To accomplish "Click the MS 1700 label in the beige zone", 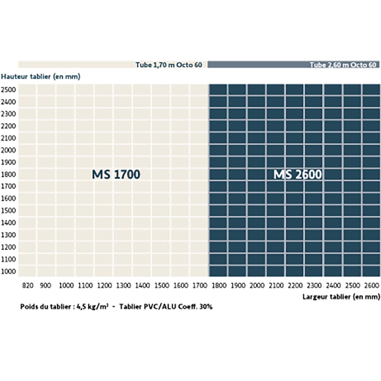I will [116, 174].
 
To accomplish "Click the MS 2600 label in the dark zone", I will [298, 174].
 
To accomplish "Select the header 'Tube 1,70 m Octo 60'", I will [169, 65].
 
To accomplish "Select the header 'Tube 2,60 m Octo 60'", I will [343, 65].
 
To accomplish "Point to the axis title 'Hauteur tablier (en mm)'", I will [41, 77].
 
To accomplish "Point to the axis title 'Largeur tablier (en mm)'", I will [341, 297].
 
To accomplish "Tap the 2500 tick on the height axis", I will [9, 90].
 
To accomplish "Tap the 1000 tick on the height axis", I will [9, 271].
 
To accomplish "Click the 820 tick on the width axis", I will [28, 286].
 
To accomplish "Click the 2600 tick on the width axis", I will [372, 286].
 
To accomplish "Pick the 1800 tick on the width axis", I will [219, 286].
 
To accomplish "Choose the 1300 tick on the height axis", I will [9, 235].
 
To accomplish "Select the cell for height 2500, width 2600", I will [371, 89].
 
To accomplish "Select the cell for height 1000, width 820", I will [27, 271].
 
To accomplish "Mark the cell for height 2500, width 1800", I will [218, 89].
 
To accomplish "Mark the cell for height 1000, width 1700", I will [199, 271].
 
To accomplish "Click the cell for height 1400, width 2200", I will [295, 223].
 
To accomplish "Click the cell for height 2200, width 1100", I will [85, 126].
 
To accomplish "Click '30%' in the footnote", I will [206, 307].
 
